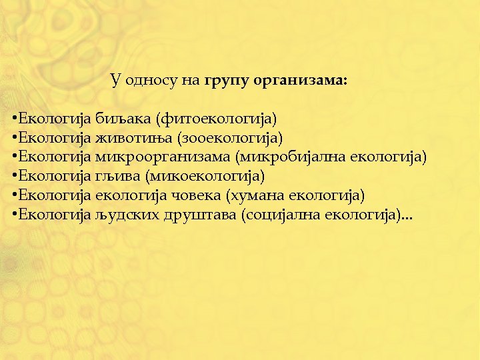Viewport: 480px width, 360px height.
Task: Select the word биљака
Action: (x=123, y=119)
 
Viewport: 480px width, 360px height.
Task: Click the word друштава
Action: (x=199, y=215)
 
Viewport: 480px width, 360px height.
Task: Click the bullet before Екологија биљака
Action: (x=14, y=120)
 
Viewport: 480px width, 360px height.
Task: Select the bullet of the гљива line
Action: (x=14, y=177)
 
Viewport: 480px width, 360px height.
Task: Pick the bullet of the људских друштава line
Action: (x=14, y=215)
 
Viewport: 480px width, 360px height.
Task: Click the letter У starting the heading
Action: (x=115, y=81)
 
